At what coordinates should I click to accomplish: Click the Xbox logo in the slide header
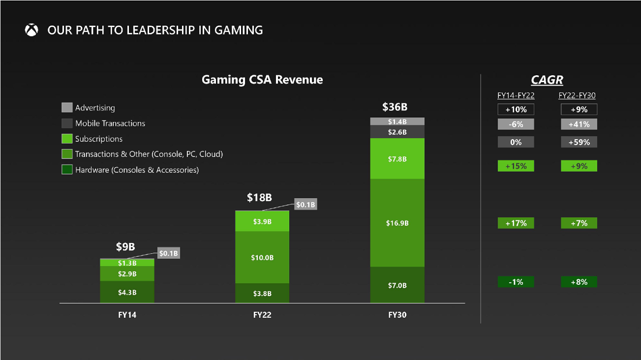pyautogui.click(x=31, y=30)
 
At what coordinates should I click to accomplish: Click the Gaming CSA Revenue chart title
pyautogui.click(x=262, y=80)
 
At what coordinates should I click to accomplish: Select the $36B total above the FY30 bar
pyautogui.click(x=395, y=107)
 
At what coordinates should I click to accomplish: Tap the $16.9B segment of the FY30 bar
pyautogui.click(x=397, y=223)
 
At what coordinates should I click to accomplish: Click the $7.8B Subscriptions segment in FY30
pyautogui.click(x=397, y=159)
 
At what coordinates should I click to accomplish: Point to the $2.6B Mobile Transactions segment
pyautogui.click(x=397, y=132)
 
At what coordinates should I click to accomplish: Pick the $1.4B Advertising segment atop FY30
pyautogui.click(x=397, y=121)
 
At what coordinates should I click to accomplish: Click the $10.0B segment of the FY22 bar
pyautogui.click(x=262, y=257)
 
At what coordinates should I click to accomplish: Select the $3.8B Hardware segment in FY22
pyautogui.click(x=262, y=294)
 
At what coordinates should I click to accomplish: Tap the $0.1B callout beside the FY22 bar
pyautogui.click(x=305, y=204)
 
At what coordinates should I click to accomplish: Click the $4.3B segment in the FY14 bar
pyautogui.click(x=127, y=292)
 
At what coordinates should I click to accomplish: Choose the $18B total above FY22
pyautogui.click(x=259, y=198)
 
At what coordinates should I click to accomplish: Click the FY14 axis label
pyautogui.click(x=127, y=315)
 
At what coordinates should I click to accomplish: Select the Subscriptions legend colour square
pyautogui.click(x=67, y=139)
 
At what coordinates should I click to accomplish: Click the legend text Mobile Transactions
pyautogui.click(x=110, y=123)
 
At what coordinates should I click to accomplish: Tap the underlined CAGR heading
pyautogui.click(x=547, y=80)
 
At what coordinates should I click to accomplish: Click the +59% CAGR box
pyautogui.click(x=579, y=142)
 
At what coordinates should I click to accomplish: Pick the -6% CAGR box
pyautogui.click(x=516, y=124)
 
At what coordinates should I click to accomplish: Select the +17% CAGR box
pyautogui.click(x=516, y=223)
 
